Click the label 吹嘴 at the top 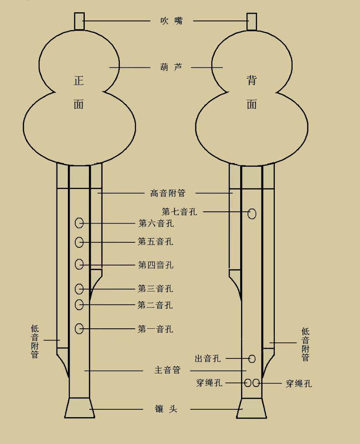tap(171, 20)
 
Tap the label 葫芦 tap(171, 67)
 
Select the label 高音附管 tap(168, 193)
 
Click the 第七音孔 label tap(180, 212)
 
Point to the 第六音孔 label tap(156, 224)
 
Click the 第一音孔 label tap(155, 329)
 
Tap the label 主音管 tap(168, 371)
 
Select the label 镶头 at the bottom tap(166, 409)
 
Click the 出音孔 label tap(208, 359)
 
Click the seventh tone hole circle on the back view tap(252, 213)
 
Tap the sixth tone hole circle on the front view tap(79, 223)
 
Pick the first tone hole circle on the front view tap(79, 328)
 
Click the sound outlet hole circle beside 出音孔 tap(252, 359)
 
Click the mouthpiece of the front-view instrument tap(79, 21)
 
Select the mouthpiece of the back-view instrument tap(252, 21)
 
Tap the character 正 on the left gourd tap(79, 81)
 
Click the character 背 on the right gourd tap(252, 81)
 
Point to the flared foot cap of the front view tap(79, 408)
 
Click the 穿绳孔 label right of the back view tap(299, 383)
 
